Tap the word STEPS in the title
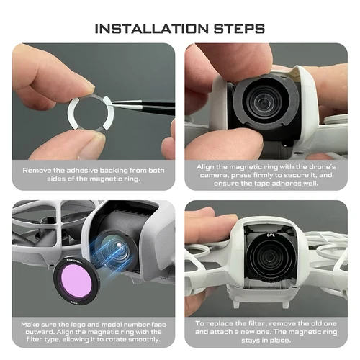point(235,30)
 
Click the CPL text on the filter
point(271,234)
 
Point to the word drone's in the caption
point(310,166)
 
